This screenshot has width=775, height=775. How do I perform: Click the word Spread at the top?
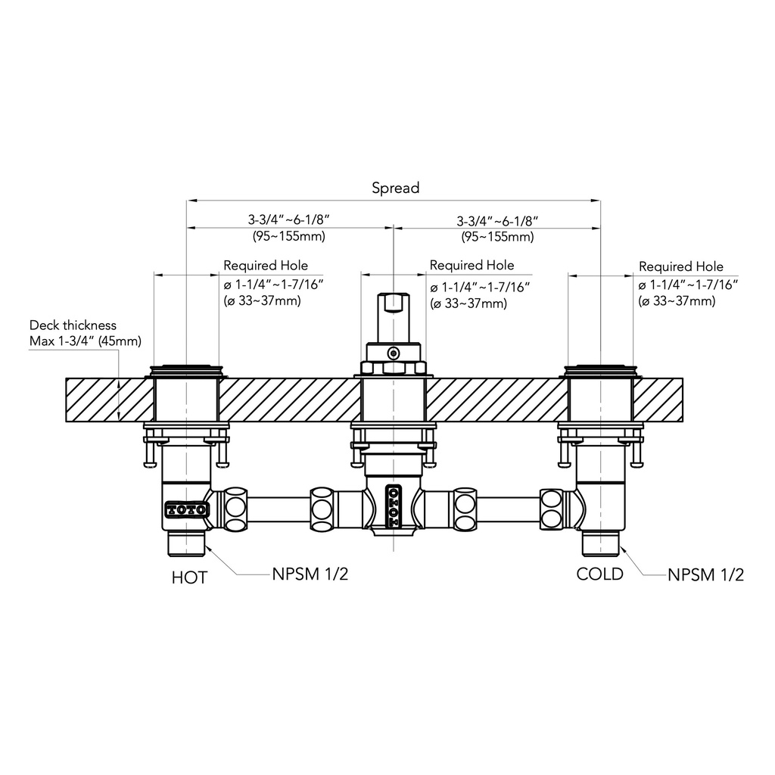(395, 188)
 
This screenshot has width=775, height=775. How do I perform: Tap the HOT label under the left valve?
(189, 577)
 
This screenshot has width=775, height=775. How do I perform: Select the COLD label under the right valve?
(599, 574)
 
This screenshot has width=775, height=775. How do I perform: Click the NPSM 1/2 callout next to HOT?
(310, 574)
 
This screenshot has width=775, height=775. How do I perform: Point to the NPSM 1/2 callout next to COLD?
(705, 575)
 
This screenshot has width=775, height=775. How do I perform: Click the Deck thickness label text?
(73, 325)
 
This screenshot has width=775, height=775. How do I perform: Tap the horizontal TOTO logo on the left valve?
(186, 509)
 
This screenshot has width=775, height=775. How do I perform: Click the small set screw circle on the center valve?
(394, 353)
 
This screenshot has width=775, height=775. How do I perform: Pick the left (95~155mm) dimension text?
(289, 236)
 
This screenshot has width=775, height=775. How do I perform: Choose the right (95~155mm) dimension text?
(498, 237)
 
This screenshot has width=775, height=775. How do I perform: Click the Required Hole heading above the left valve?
(266, 266)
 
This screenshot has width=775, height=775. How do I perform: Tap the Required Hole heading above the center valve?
(472, 266)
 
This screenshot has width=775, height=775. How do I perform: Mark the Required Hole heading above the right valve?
(681, 266)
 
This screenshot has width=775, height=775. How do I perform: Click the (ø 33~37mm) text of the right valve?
(677, 301)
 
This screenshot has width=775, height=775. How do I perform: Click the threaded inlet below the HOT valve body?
(186, 543)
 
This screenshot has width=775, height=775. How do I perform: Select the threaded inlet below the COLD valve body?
(600, 543)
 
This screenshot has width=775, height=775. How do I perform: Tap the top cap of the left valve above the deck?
(186, 370)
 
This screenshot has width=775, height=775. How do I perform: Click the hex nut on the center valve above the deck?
(394, 368)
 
